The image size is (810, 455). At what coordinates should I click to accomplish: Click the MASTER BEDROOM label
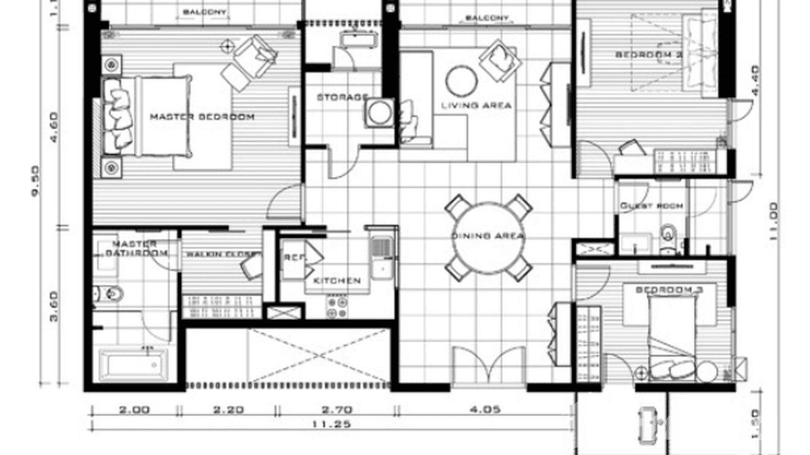[x=202, y=116]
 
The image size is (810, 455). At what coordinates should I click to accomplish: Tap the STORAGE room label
[x=342, y=97]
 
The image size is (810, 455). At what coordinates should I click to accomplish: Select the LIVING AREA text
[x=476, y=105]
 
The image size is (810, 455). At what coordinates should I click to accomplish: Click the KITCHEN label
[x=337, y=281]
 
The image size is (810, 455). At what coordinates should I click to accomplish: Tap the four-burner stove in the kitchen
[x=336, y=306]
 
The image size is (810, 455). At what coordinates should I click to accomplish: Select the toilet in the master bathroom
[x=112, y=294]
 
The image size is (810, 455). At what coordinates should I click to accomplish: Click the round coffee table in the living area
[x=462, y=81]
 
